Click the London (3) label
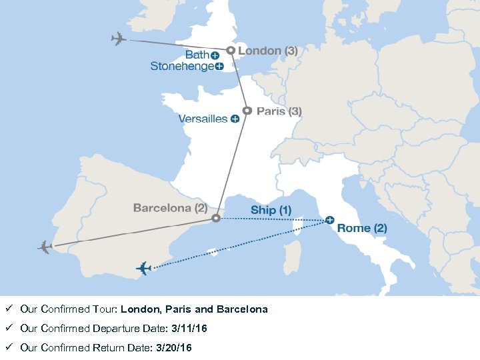268,51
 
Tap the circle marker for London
231,51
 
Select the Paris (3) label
279,111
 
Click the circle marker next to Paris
247,111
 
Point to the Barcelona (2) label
171,208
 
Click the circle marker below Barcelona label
215,218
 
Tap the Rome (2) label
362,228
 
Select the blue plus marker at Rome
329,220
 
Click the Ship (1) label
271,210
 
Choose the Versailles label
203,119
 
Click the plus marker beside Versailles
235,119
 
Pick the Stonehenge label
182,66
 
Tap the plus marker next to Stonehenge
219,67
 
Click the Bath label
197,55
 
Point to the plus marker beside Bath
215,55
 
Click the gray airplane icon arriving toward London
119,39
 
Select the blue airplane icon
143,269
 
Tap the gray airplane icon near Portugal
45,247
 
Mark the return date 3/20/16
173,348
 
